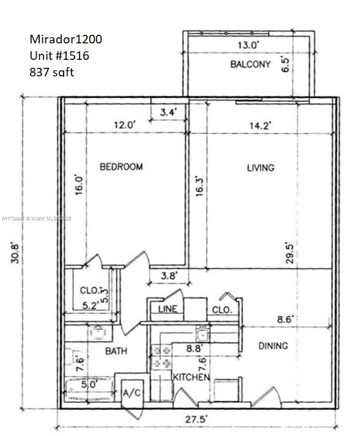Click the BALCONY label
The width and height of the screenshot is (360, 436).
pyautogui.click(x=250, y=65)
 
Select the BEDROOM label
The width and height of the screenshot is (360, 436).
pyautogui.click(x=122, y=166)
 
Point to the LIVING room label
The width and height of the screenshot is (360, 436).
pyautogui.click(x=260, y=167)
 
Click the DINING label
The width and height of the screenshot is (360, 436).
pyautogui.click(x=273, y=346)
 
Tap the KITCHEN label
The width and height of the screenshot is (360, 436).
pyautogui.click(x=191, y=377)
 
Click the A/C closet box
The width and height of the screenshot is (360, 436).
pyautogui.click(x=131, y=393)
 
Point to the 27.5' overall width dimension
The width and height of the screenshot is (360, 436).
pyautogui.click(x=198, y=419)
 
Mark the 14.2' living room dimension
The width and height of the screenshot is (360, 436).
pyautogui.click(x=259, y=125)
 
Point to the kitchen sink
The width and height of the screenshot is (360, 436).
pyautogui.click(x=202, y=333)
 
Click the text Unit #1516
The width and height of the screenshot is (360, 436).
pyautogui.click(x=59, y=55)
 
